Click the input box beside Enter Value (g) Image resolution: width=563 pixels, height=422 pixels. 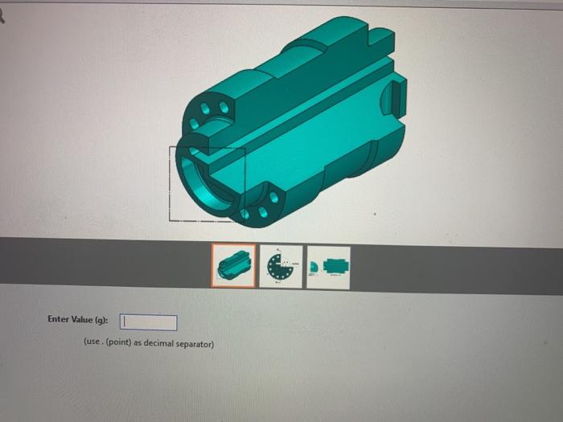point(149,322)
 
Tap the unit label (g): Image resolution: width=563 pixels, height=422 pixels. point(105,320)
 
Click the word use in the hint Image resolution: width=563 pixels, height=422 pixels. point(92,343)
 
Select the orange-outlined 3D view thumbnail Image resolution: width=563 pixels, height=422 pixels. point(233,266)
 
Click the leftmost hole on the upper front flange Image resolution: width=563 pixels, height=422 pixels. point(194,124)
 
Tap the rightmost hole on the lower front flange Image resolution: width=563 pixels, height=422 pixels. point(274,198)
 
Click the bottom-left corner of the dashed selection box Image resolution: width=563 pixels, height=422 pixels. point(169,219)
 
